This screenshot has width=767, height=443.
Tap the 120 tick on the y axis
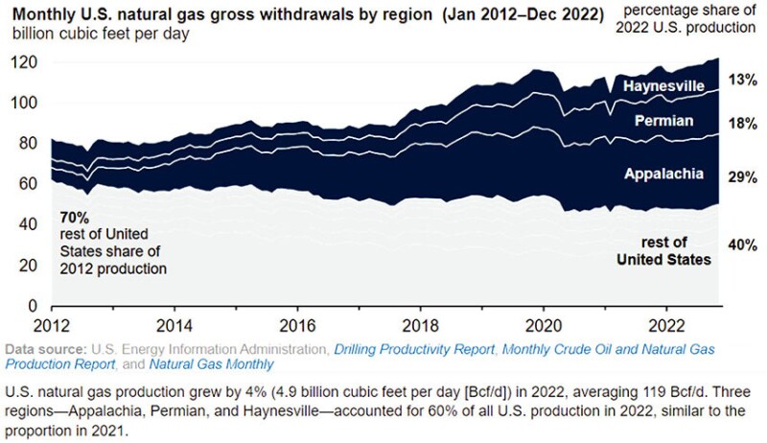[24, 62]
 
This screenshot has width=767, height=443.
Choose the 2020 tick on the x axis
[544, 323]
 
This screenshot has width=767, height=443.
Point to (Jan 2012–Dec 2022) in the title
[502, 14]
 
